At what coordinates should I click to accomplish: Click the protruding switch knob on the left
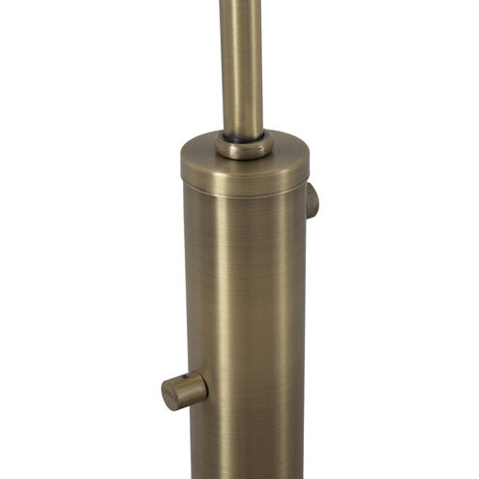click(184, 389)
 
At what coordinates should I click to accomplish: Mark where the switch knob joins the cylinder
click(206, 387)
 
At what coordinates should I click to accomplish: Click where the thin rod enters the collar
click(243, 135)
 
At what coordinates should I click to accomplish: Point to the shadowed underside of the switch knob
click(189, 404)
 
